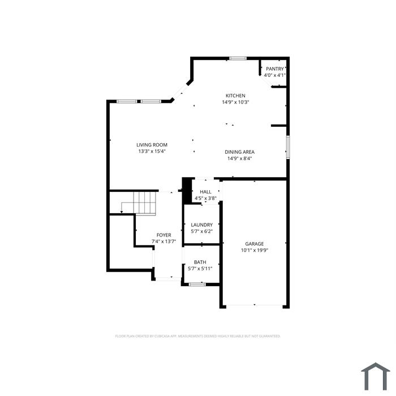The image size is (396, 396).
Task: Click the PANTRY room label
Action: [x=275, y=68]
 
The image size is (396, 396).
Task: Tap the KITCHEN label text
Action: [x=235, y=96]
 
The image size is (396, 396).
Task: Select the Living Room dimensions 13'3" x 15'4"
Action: [x=152, y=151]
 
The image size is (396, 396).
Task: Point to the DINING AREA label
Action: [x=240, y=152]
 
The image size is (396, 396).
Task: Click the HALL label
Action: [x=205, y=192]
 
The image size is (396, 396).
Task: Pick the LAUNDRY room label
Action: [x=202, y=225]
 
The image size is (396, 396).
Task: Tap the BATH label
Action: [x=200, y=262]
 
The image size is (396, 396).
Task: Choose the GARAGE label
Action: [x=255, y=244]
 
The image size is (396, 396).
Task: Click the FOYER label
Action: [x=164, y=235]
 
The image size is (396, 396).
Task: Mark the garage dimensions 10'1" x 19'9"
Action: [x=255, y=250]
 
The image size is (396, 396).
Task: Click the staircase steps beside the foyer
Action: [x=145, y=203]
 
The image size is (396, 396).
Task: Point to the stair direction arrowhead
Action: [x=122, y=212]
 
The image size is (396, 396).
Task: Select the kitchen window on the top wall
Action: [x=238, y=58]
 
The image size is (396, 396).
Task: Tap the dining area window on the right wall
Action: [x=288, y=147]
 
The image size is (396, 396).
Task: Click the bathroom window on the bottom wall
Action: [x=197, y=285]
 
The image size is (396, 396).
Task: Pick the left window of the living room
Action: [x=127, y=101]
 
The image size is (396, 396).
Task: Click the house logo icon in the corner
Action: [x=376, y=376]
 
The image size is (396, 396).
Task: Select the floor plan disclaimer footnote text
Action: [x=198, y=336]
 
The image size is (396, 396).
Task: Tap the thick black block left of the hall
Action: [x=187, y=191]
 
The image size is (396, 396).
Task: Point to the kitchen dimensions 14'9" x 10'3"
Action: [x=235, y=102]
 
